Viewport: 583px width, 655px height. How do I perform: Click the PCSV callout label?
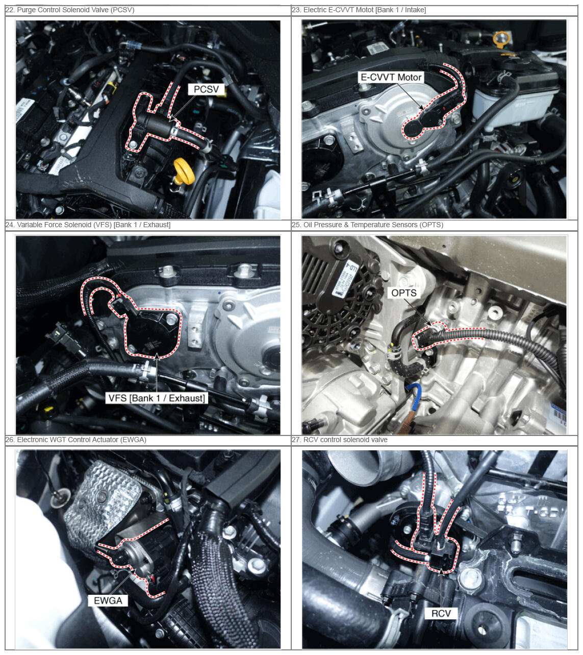206,89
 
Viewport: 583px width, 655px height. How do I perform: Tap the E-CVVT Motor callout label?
391,77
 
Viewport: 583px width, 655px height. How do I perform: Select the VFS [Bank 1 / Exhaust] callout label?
157,398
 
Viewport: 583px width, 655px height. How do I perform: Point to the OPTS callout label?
404,293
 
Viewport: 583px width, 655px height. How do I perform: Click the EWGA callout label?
108,601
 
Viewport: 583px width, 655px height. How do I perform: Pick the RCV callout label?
441,613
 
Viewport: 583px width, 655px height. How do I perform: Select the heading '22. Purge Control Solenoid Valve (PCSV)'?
70,10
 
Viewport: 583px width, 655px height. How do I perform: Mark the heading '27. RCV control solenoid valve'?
340,440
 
